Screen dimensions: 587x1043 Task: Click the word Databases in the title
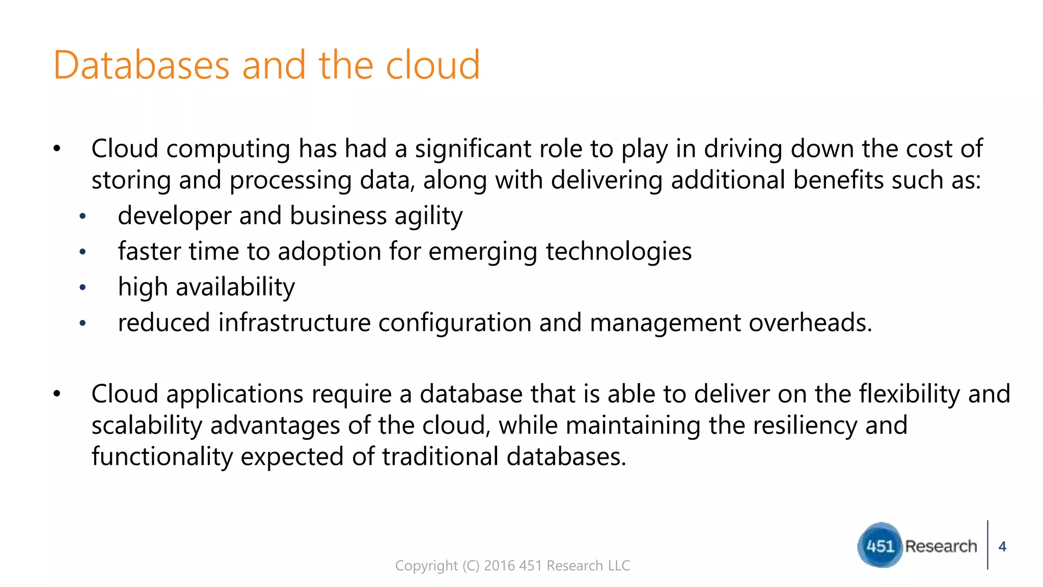pyautogui.click(x=142, y=65)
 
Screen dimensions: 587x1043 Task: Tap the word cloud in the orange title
pyautogui.click(x=432, y=65)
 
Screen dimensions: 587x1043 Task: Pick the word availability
pyautogui.click(x=235, y=287)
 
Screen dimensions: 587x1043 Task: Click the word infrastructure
pyautogui.click(x=294, y=323)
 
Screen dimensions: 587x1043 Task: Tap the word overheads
pyautogui.click(x=810, y=323)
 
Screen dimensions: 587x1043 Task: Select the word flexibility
pyautogui.click(x=909, y=394)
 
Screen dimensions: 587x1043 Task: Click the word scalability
pyautogui.click(x=147, y=425)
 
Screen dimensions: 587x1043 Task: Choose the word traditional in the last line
pyautogui.click(x=440, y=457)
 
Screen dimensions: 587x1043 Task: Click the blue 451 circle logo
pyautogui.click(x=880, y=545)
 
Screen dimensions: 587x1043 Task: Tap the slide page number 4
pyautogui.click(x=1002, y=546)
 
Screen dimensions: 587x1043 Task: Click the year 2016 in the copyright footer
pyautogui.click(x=499, y=566)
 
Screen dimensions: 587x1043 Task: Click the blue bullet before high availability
pyautogui.click(x=83, y=288)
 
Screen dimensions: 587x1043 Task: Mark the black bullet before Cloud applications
pyautogui.click(x=57, y=394)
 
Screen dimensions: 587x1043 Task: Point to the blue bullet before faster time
pyautogui.click(x=83, y=252)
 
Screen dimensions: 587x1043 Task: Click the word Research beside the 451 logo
pyautogui.click(x=941, y=546)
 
